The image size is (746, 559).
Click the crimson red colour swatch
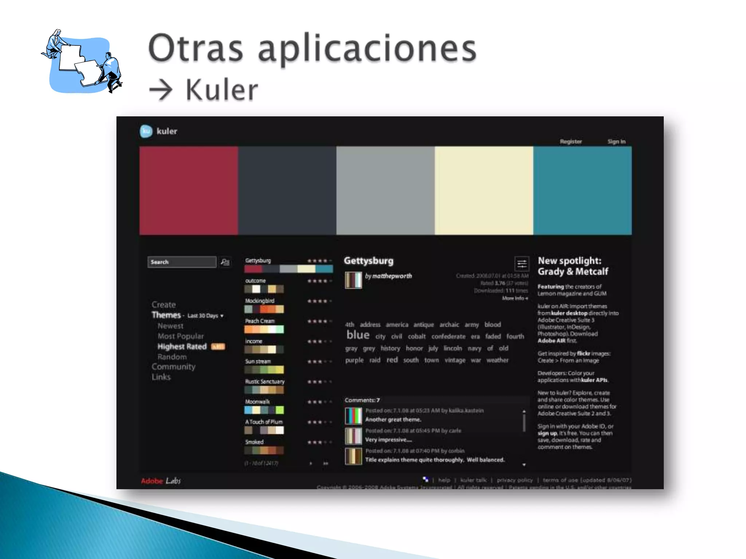coord(189,190)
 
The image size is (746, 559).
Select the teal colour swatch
coord(582,190)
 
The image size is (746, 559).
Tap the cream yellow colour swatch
coord(484,190)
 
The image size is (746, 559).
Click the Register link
coord(570,142)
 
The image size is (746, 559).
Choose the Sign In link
coord(616,142)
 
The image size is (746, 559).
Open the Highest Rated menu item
coord(182,346)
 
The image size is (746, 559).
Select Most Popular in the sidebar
coord(181,336)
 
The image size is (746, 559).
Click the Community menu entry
coord(173,367)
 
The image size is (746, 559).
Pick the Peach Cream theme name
coord(260,321)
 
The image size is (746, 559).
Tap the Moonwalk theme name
coord(257,402)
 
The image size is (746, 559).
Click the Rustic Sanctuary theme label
coord(264,381)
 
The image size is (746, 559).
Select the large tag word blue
coord(358,335)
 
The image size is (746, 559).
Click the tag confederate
coord(448,337)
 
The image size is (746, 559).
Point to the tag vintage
coord(455,360)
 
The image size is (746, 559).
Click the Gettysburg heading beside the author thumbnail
coord(369,261)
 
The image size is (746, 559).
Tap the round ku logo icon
coord(146,131)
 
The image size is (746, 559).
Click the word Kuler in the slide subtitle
coord(221,90)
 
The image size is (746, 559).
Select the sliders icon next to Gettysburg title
coord(522,264)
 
